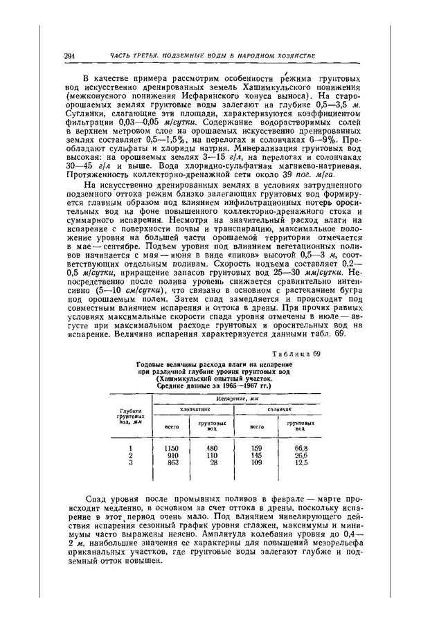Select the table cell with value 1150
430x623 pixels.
tap(173, 449)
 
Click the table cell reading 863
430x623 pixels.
tap(173, 462)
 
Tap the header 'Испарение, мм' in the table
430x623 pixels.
tap(236, 399)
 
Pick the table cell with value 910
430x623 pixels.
tap(173, 455)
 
